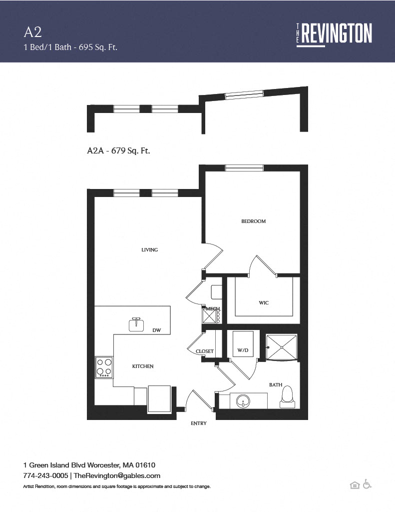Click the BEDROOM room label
pyautogui.click(x=254, y=221)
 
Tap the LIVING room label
pyautogui.click(x=150, y=250)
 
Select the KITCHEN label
pyautogui.click(x=143, y=366)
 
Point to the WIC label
pyautogui.click(x=264, y=302)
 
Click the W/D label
pyautogui.click(x=243, y=350)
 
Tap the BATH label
pyautogui.click(x=276, y=384)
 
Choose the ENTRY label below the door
pyautogui.click(x=199, y=423)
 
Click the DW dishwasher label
pyautogui.click(x=157, y=330)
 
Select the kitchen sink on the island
pyautogui.click(x=136, y=324)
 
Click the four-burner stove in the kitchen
pyautogui.click(x=104, y=367)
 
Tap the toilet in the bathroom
pyautogui.click(x=287, y=397)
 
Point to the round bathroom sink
pyautogui.click(x=243, y=401)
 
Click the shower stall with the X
pyautogui.click(x=282, y=347)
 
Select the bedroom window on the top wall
pyautogui.click(x=244, y=168)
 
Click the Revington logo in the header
pyautogui.click(x=334, y=34)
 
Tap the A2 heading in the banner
pyautogui.click(x=32, y=32)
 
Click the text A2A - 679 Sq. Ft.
pyautogui.click(x=118, y=150)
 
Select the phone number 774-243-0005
pyautogui.click(x=45, y=475)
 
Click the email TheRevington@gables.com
pyautogui.click(x=117, y=475)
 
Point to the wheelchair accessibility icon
pyautogui.click(x=367, y=484)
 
